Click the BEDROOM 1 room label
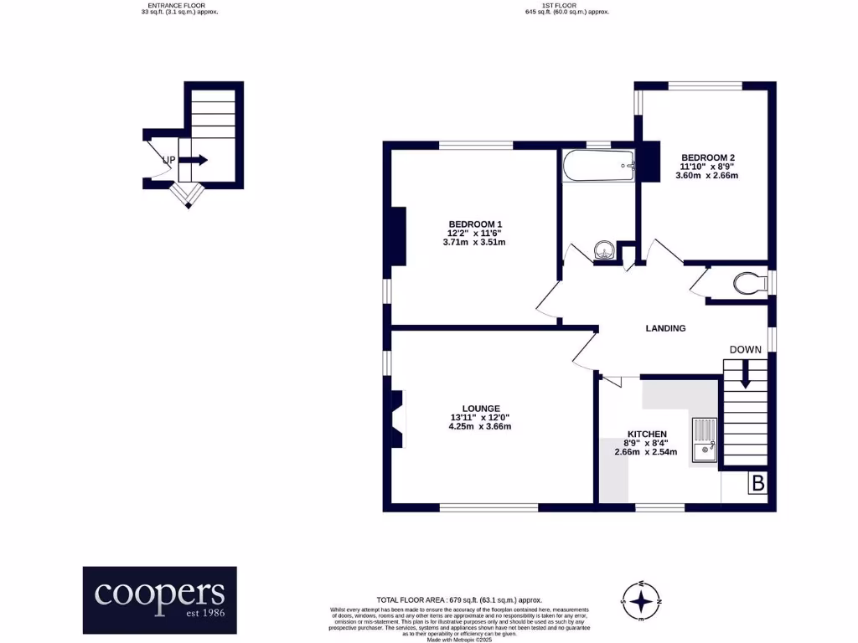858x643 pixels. click(x=475, y=224)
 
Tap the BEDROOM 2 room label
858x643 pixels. click(x=708, y=157)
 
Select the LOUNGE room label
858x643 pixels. click(x=479, y=408)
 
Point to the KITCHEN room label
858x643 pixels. click(x=647, y=434)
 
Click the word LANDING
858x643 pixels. click(x=665, y=328)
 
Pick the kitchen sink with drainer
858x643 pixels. click(x=703, y=440)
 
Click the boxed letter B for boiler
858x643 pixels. click(x=757, y=483)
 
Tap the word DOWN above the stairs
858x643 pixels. click(x=745, y=350)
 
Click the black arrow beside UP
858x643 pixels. click(x=194, y=160)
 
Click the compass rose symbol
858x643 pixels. click(x=641, y=600)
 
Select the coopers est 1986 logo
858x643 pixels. click(x=159, y=599)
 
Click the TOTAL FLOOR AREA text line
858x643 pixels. click(x=459, y=600)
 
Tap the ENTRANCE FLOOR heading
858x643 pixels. click(x=179, y=6)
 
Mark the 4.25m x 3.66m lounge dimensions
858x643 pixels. click(x=479, y=426)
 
